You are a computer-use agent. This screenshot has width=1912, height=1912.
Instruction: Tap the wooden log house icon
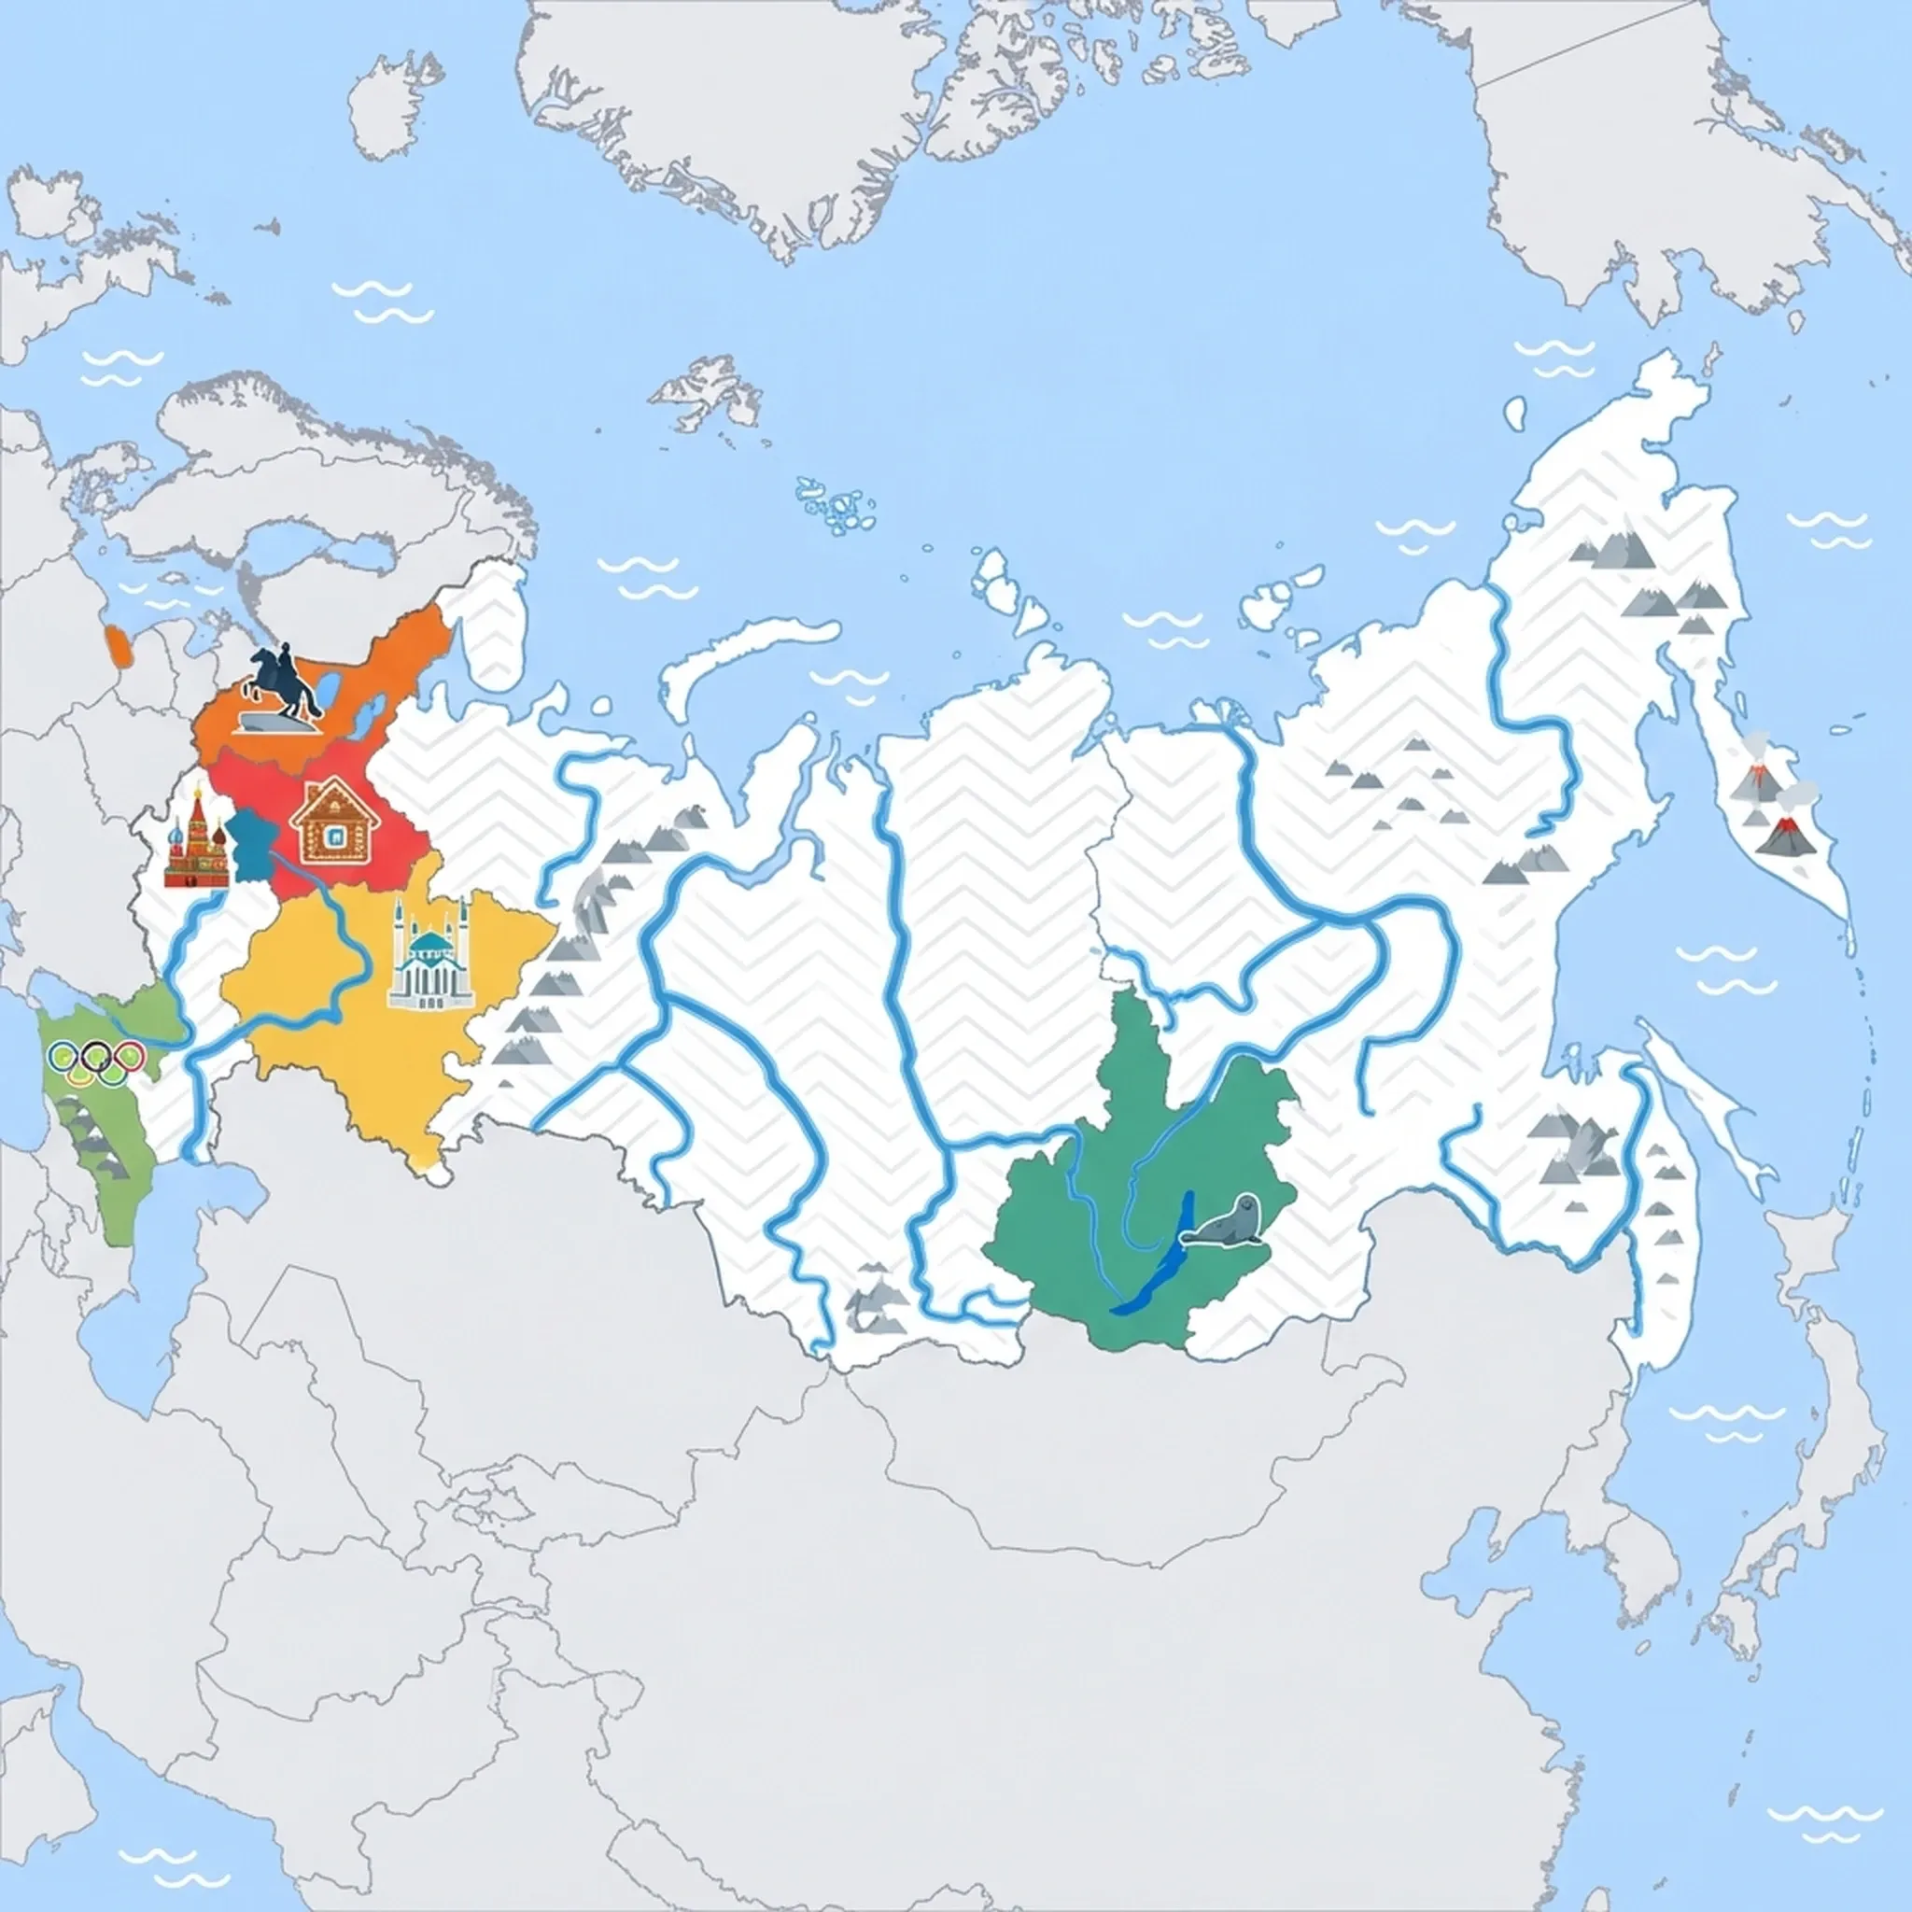point(334,825)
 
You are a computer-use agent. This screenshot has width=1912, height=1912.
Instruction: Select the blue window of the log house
point(336,838)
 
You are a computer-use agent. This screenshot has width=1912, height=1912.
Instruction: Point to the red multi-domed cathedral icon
point(196,841)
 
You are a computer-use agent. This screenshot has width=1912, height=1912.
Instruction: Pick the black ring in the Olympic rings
point(97,1057)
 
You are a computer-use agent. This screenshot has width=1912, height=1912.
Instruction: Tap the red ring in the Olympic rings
point(129,1057)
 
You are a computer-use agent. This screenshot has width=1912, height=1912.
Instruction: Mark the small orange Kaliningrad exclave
point(118,645)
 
